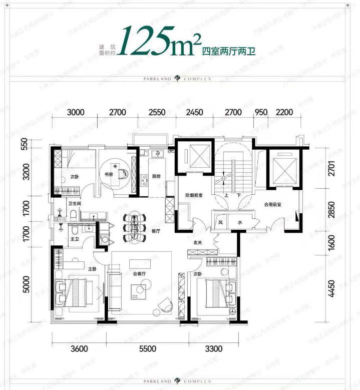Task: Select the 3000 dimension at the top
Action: coord(75,112)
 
